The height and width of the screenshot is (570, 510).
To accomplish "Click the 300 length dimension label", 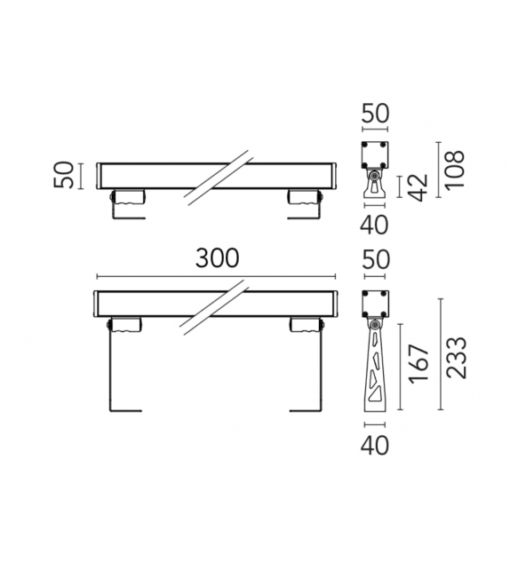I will [217, 258].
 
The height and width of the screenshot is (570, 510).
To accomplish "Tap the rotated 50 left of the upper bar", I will [65, 174].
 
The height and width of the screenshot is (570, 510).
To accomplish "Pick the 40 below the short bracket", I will [376, 225].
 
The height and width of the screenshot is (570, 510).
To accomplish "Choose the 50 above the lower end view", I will [376, 259].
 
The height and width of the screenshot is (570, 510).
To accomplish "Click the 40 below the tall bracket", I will [376, 446].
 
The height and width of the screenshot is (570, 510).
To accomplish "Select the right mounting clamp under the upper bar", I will [303, 197].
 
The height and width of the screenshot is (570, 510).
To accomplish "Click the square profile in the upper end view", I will [375, 155].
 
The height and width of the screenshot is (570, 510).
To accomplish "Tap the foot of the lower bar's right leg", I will [305, 411].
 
